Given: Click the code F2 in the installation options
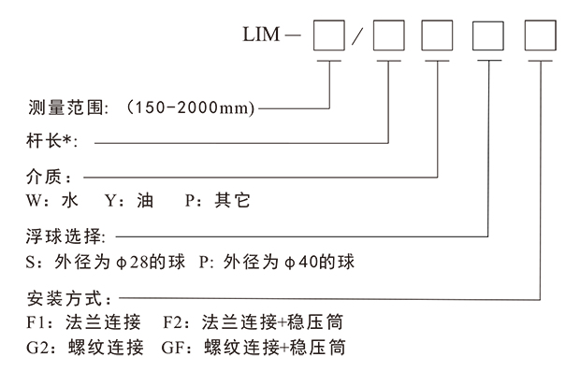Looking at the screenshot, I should pos(173,323).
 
